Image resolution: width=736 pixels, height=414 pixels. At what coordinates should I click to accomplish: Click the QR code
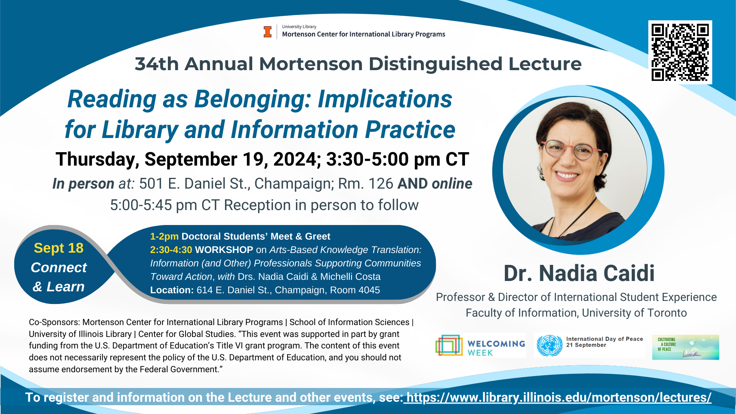pos(680,52)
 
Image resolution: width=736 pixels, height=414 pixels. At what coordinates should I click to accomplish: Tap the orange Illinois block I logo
pos(268,32)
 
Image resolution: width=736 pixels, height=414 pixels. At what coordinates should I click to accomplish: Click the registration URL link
pos(559,398)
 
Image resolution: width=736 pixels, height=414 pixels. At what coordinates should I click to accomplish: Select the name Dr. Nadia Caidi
pos(579,273)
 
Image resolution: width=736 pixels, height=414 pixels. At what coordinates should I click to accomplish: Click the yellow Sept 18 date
pos(59,248)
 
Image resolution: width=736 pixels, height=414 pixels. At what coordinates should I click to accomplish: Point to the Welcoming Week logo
pos(481,345)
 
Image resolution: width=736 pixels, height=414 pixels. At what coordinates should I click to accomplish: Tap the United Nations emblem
pos(549,345)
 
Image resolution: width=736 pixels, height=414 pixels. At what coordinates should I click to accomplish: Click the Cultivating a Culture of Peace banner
pos(685,347)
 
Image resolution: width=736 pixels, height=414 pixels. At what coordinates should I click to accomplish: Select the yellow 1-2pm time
pos(164,237)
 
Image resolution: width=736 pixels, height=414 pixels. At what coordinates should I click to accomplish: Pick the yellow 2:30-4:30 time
pos(171,250)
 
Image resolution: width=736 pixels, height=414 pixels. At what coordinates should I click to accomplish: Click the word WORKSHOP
pos(224,250)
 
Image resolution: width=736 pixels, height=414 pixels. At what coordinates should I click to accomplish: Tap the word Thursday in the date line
pos(97,159)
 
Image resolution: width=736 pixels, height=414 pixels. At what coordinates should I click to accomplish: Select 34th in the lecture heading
pos(157,64)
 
